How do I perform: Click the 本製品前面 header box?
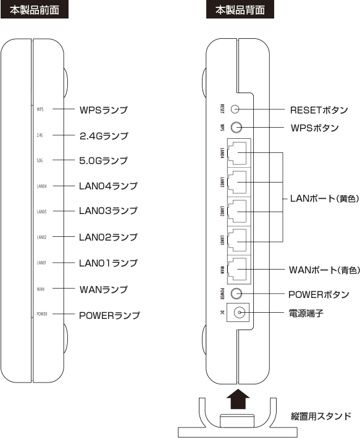(x=35, y=10)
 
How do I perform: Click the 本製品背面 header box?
(x=240, y=10)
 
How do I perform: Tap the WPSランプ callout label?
(x=103, y=110)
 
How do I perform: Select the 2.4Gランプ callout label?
(x=104, y=136)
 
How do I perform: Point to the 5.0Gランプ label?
(x=103, y=160)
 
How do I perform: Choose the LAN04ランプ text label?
(x=108, y=186)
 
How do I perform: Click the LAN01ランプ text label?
(x=108, y=263)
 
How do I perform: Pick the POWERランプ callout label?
(x=109, y=315)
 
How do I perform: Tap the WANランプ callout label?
(x=103, y=289)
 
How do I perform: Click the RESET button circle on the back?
(x=235, y=109)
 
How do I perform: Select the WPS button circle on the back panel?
(x=237, y=128)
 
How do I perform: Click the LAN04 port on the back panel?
(x=237, y=153)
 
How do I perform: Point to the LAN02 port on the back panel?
(x=237, y=212)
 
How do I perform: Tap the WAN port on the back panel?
(x=237, y=270)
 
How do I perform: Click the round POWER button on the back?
(x=237, y=294)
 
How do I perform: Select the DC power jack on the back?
(x=238, y=312)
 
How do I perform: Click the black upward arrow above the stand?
(x=238, y=400)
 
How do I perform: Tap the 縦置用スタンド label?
(x=321, y=416)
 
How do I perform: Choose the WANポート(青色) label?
(x=324, y=270)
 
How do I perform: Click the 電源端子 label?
(x=306, y=313)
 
